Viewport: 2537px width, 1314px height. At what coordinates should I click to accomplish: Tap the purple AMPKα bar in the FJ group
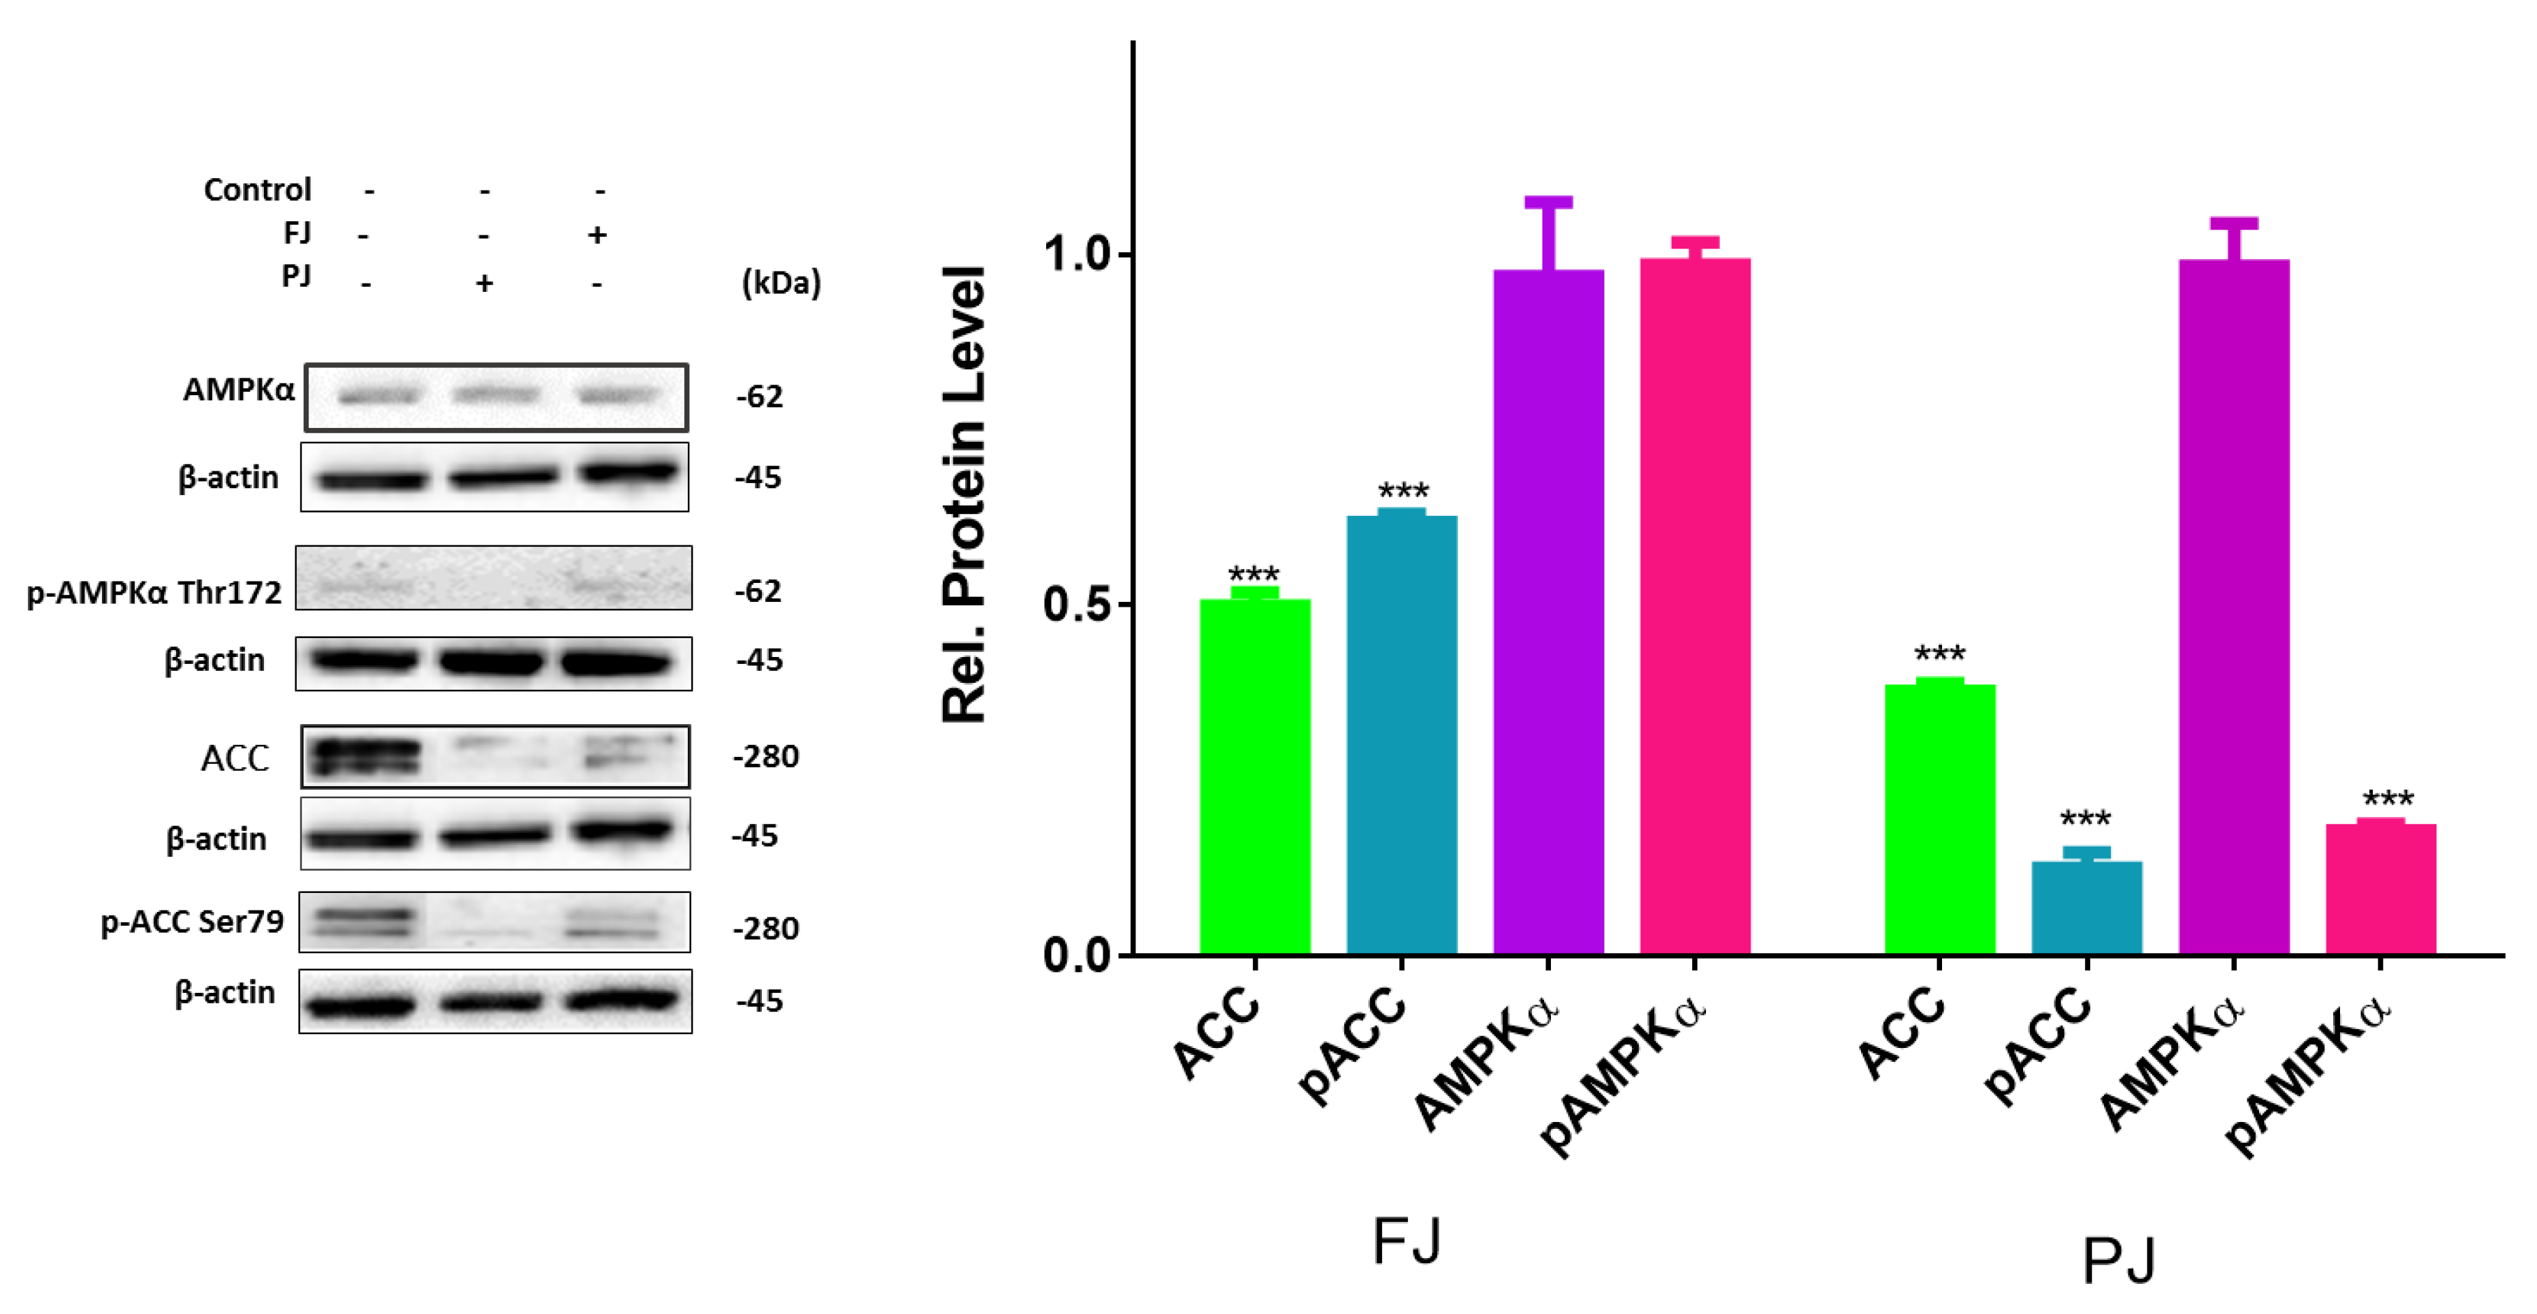pyautogui.click(x=1548, y=611)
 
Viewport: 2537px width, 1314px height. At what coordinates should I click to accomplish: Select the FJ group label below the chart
pyautogui.click(x=1406, y=1241)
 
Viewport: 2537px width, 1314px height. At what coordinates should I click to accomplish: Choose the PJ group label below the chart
pyautogui.click(x=2119, y=1260)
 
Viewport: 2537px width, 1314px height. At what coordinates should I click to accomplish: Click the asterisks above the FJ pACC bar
pyautogui.click(x=1402, y=492)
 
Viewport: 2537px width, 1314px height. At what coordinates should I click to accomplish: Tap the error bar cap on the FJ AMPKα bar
pyautogui.click(x=1548, y=202)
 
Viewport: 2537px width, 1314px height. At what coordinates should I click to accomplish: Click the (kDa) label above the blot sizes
pyautogui.click(x=780, y=283)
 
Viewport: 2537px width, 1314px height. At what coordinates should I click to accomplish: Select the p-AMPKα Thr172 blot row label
pyautogui.click(x=154, y=593)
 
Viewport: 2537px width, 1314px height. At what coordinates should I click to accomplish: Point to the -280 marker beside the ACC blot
pyautogui.click(x=765, y=756)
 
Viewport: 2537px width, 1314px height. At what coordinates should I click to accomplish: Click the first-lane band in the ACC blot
pyautogui.click(x=363, y=756)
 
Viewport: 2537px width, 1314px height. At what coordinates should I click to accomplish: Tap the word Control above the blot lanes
pyautogui.click(x=257, y=189)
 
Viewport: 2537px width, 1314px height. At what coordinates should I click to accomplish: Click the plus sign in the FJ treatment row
pyautogui.click(x=597, y=235)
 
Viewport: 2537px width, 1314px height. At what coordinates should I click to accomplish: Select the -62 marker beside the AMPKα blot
pyautogui.click(x=759, y=397)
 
